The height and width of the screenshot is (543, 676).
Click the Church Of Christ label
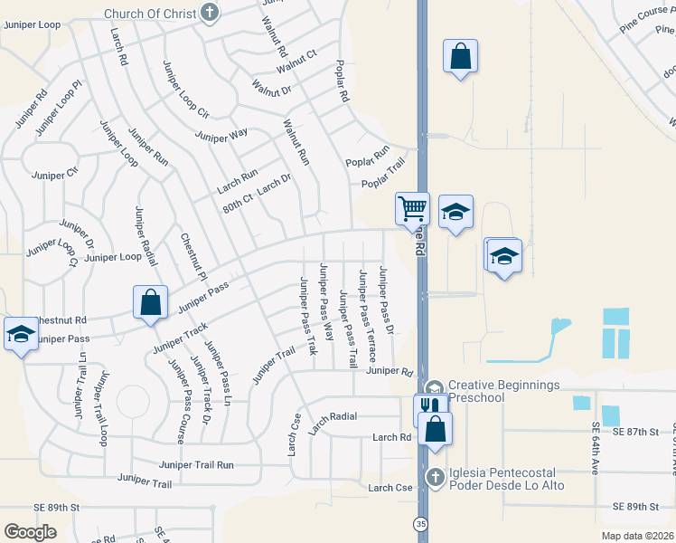[150, 14]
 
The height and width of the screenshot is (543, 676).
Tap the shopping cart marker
[412, 209]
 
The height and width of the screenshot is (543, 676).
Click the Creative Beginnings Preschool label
[504, 392]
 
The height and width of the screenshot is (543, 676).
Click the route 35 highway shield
[422, 524]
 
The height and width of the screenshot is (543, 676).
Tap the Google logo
[30, 532]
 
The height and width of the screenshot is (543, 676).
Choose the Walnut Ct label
[296, 61]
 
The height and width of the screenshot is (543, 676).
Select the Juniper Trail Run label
[196, 464]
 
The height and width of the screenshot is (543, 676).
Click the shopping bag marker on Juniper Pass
[150, 303]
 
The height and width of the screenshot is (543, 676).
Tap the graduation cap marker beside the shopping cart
[455, 214]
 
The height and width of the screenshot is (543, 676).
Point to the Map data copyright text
[638, 536]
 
